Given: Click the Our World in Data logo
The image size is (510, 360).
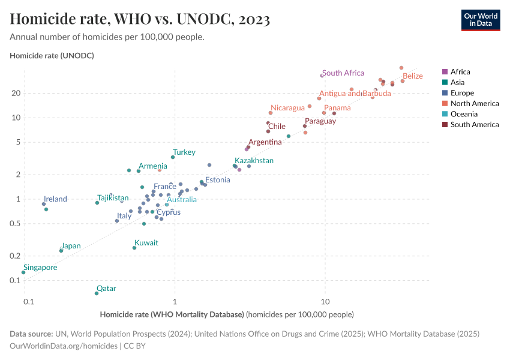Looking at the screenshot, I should pos(480,20).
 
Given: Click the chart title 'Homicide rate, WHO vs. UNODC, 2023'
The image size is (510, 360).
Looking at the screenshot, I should pos(140,19).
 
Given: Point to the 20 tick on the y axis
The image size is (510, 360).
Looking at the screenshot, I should pos(16,93).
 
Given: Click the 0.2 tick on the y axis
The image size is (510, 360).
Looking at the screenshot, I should pos(14,256).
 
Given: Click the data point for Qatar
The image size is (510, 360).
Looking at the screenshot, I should pos(97,293).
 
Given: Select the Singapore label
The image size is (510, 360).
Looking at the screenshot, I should pos(40,268).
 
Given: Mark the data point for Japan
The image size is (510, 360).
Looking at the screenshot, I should pos(61,251).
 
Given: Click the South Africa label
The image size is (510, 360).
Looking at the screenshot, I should pos(343,73).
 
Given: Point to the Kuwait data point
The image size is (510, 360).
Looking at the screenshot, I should pos(134,248).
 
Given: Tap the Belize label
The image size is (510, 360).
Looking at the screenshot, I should pos(412,76).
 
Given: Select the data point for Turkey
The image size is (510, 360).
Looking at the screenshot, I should pos(173,157).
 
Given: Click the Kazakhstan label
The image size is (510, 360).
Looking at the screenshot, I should pos(254,161).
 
